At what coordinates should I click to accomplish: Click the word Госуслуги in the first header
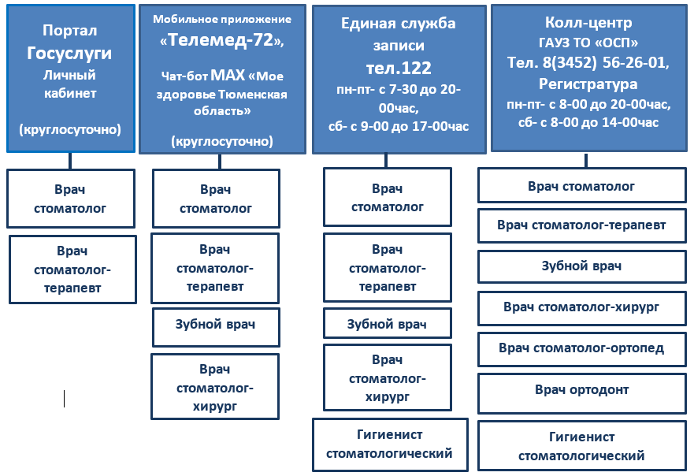[69, 53]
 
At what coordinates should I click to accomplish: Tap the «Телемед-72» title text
[221, 40]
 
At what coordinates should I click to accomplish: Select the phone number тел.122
[399, 69]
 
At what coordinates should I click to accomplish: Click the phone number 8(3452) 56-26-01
[606, 62]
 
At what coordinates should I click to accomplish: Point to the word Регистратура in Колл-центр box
[588, 84]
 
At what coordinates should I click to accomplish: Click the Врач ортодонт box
[582, 393]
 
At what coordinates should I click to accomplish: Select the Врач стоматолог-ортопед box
[582, 350]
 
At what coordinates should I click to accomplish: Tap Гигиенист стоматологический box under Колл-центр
[582, 445]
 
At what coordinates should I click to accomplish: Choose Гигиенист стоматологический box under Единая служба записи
[390, 444]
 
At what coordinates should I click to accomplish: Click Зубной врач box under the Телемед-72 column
[216, 327]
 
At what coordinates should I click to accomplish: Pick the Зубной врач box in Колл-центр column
[582, 266]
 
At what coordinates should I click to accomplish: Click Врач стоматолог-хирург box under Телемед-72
[215, 387]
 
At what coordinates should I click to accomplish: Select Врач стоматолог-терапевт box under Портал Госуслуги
[72, 270]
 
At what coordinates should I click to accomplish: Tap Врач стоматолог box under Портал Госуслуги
[71, 199]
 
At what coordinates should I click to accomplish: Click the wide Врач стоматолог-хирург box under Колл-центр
[582, 308]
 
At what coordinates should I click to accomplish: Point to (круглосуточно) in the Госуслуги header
[70, 129]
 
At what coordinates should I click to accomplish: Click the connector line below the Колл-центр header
[586, 160]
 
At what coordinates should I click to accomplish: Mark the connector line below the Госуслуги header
[70, 161]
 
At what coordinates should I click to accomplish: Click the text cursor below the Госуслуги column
[64, 399]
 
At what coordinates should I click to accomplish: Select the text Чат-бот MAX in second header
[203, 76]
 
